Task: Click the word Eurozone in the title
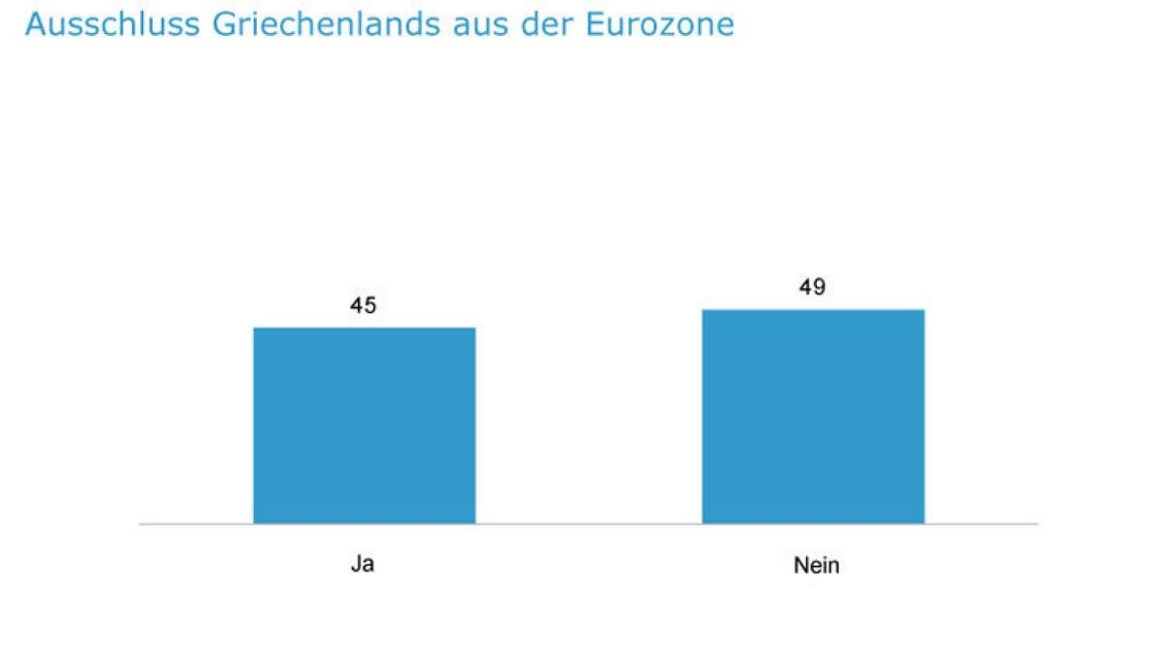coord(659,24)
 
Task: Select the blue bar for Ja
coord(365,426)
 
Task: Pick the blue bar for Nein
coord(813,417)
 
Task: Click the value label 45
coord(364,306)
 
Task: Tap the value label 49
coord(813,288)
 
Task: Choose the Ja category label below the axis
coord(363,564)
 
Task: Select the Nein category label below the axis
coord(816,565)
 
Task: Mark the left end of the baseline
coord(141,524)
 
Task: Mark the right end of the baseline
coord(1037,524)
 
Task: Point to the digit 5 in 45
coord(371,306)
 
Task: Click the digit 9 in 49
coord(820,288)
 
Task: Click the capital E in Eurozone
coord(596,24)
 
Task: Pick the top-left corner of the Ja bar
coord(255,328)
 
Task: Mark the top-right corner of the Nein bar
coord(924,310)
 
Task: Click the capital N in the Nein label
coord(800,565)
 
